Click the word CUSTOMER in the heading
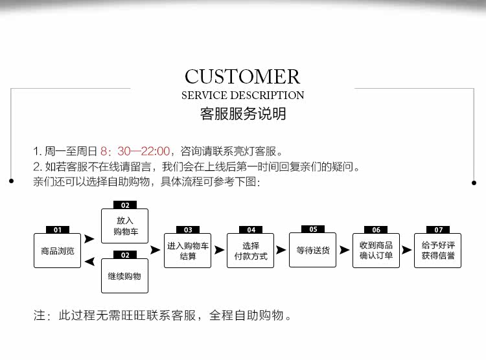(243, 76)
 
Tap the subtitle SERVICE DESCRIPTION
(243, 95)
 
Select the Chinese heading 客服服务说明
(243, 115)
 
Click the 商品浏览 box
(57, 251)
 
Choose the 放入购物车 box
(125, 226)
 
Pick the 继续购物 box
(125, 276)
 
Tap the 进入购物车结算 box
(188, 251)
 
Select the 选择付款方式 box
(251, 251)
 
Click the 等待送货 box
(313, 250)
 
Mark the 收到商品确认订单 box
(376, 251)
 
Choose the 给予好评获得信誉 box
(438, 251)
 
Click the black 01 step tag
(57, 230)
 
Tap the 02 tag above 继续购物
(125, 255)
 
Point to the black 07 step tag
(439, 230)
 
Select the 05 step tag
(313, 229)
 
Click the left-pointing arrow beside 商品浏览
(89, 262)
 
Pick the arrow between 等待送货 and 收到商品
(344, 249)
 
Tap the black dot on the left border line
(11, 181)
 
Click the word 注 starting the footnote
(40, 317)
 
